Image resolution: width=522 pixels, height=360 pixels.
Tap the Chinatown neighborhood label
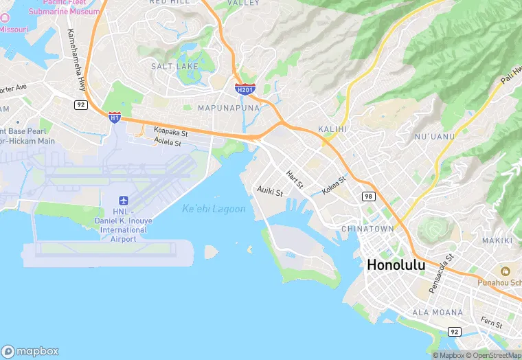pos(368,229)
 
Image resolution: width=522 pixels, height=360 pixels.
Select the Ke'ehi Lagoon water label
pos(214,209)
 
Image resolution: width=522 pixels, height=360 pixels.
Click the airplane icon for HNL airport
pos(124,201)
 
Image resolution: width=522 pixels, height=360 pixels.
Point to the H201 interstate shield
pos(245,89)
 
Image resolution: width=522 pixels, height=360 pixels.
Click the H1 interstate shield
pos(114,117)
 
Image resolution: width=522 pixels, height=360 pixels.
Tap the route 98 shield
pos(368,196)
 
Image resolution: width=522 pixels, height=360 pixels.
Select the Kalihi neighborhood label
pos(333,129)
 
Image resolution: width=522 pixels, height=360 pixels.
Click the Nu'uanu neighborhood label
pos(435,137)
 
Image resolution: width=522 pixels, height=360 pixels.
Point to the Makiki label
pos(497,240)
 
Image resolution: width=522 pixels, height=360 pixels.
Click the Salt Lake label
pos(174,66)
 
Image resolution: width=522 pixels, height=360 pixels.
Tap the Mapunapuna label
pos(228,109)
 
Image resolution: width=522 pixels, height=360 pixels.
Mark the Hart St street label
pos(295,180)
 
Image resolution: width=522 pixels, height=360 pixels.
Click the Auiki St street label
pos(269,191)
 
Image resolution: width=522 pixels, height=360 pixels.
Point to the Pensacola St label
pos(441,275)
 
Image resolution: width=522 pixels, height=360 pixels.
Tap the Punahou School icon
pos(506,271)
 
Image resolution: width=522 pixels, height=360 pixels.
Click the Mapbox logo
pos(30,351)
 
